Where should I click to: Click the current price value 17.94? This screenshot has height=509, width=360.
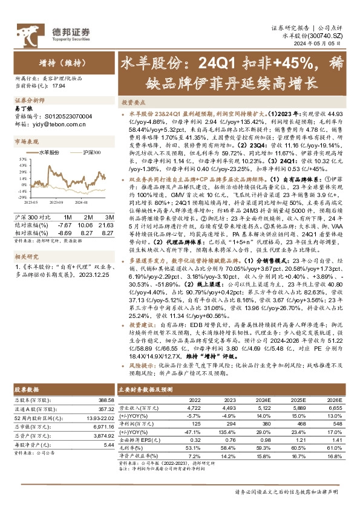tap(59, 87)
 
